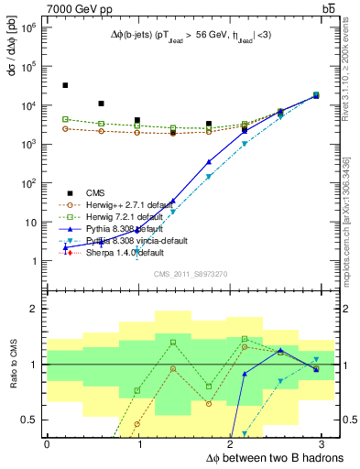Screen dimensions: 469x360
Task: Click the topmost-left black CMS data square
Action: click(x=65, y=85)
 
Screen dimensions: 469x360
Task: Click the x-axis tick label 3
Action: click(x=325, y=444)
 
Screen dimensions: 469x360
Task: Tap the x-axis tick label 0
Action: click(x=47, y=444)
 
